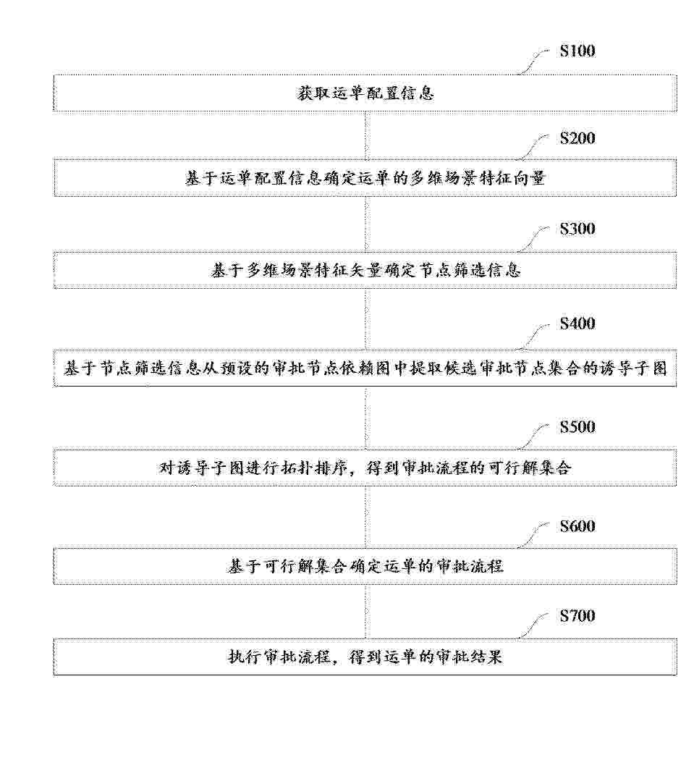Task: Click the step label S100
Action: (577, 51)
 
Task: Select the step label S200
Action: (577, 138)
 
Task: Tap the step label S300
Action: (577, 229)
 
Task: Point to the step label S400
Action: (577, 324)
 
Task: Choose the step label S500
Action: (577, 427)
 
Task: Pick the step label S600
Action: (577, 526)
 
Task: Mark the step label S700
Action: (577, 616)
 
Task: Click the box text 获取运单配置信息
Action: (365, 93)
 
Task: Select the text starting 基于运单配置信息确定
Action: (365, 178)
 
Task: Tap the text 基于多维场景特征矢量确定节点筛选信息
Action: (365, 270)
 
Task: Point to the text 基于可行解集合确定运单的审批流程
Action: (365, 566)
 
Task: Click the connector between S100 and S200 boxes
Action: (366, 135)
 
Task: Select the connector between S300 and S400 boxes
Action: (366, 319)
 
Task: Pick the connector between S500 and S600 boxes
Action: (366, 517)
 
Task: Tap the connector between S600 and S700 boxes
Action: (366, 612)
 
